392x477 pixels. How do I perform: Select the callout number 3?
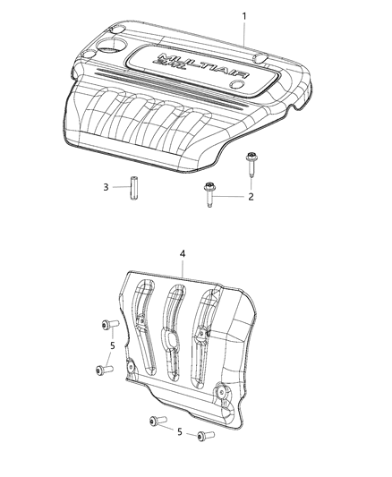pyautogui.click(x=106, y=187)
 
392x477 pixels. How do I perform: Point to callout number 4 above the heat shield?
pyautogui.click(x=183, y=254)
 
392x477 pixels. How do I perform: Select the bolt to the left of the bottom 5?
pyautogui.click(x=157, y=422)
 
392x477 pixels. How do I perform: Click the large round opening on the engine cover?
pyautogui.click(x=115, y=43)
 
